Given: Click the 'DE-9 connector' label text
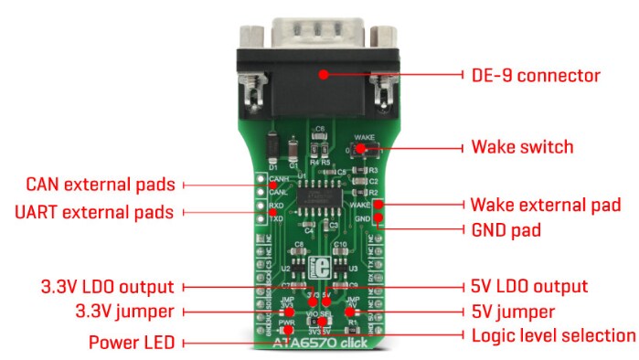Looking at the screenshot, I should [x=535, y=75].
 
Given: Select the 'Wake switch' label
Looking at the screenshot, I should [x=521, y=146].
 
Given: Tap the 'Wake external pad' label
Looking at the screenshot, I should [x=545, y=204].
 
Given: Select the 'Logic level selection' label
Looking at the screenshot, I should [x=552, y=334].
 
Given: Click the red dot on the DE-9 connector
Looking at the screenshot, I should [x=324, y=75].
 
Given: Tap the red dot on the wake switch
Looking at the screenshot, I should [x=362, y=147].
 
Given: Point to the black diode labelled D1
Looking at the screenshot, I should [x=272, y=146].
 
